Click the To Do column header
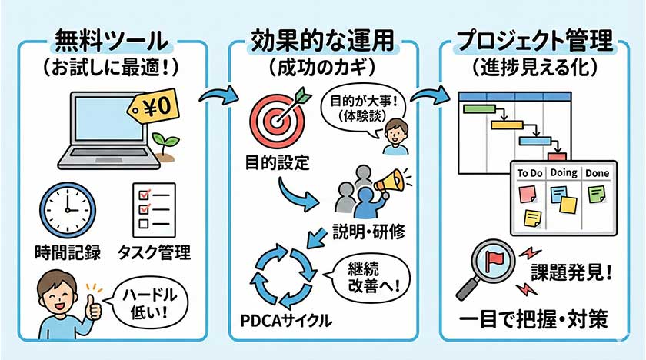[531, 173]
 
